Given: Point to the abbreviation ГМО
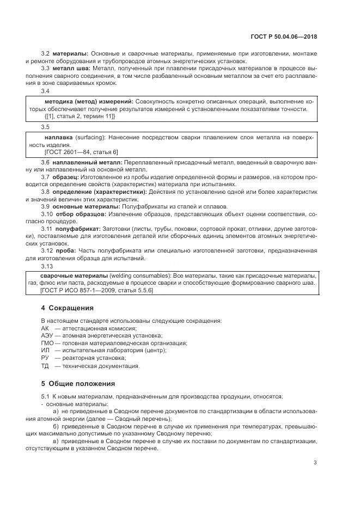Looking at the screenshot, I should click(x=47, y=343).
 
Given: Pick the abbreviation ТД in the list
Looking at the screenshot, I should click(x=45, y=366).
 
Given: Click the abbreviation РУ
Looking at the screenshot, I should click(x=45, y=358).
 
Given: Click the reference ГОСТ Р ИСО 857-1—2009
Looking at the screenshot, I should click(x=76, y=291).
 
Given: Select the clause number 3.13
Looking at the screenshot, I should click(x=48, y=266).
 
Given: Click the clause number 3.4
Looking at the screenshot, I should click(x=46, y=91).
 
